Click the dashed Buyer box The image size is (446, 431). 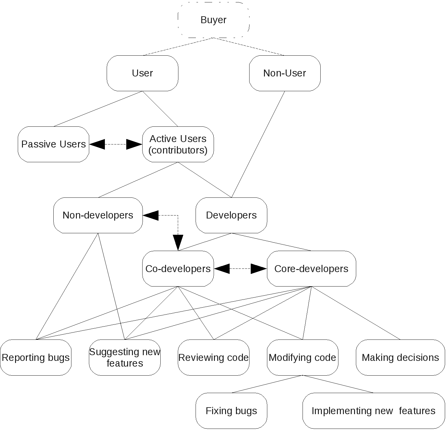pos(213,20)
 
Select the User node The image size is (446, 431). pos(142,73)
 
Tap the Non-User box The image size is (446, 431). pos(284,73)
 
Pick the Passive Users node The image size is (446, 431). pos(53,144)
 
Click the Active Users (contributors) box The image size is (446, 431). pos(178,144)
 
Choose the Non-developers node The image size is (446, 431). pos(98,215)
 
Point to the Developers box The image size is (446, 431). pos(231,215)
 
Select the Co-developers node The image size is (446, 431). pos(178,268)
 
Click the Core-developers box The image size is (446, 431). pos(311,268)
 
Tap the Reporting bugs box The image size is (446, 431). pos(36,358)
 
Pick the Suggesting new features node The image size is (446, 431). pos(124,358)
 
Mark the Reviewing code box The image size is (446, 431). pos(213,358)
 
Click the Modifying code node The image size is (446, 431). pos(302,358)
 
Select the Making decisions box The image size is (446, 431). pos(400,358)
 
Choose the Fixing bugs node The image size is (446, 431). pos(231,411)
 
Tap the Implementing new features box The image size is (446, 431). pos(373,411)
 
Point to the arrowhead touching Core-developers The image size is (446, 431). pos(259,268)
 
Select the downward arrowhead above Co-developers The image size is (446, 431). pos(178,243)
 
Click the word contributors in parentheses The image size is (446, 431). pos(178,150)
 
